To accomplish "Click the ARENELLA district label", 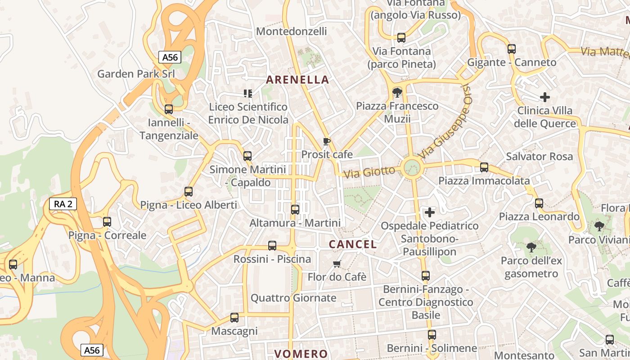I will [x=297, y=80].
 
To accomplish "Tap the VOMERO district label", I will [x=301, y=354].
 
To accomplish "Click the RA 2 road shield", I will [x=63, y=204].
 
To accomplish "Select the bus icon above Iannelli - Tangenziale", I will [x=169, y=109].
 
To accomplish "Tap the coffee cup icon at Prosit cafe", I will [x=327, y=142].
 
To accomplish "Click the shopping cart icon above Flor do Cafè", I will [x=337, y=264].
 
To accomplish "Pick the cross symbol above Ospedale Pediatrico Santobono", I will [x=430, y=212].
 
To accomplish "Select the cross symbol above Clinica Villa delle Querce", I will [x=545, y=97].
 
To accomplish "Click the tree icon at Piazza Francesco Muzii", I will [x=397, y=93].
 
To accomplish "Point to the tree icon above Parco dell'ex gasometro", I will [x=531, y=247].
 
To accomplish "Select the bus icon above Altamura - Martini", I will [x=295, y=210].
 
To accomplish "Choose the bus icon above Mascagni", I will [x=234, y=318].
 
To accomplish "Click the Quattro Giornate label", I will [x=293, y=298].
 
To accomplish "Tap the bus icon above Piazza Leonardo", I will [x=539, y=203].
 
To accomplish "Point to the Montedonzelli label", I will [x=292, y=31].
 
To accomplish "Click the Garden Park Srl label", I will [x=136, y=74].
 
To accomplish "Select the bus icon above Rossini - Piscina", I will [x=272, y=246].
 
